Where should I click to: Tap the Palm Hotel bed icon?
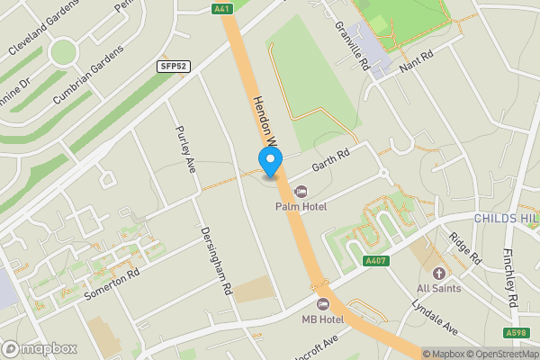click(301, 191)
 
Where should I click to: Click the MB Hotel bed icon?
click(323, 303)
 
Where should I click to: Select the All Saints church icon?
click(439, 273)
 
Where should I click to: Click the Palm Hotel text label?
click(301, 207)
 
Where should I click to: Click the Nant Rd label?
click(416, 60)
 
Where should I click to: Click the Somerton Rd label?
click(112, 282)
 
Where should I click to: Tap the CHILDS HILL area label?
click(507, 219)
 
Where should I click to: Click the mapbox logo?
click(40, 348)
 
